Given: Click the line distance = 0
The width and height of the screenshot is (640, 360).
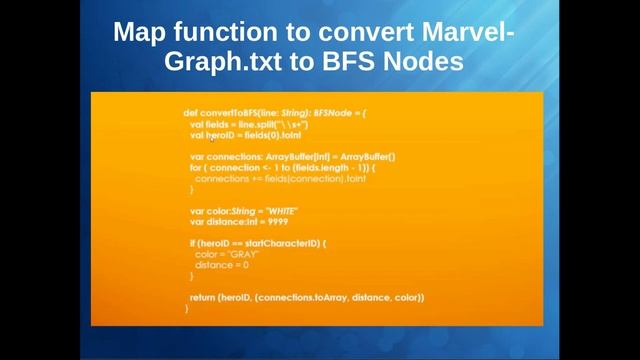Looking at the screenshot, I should pos(222,265).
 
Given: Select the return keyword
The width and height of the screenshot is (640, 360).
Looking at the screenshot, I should pos(203,297).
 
